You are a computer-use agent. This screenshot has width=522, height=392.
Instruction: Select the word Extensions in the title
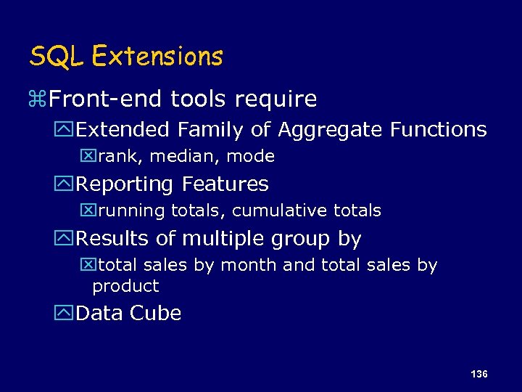click(x=158, y=56)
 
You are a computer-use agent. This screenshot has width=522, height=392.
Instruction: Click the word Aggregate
click(x=331, y=130)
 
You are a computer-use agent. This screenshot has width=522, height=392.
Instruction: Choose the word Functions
click(x=439, y=130)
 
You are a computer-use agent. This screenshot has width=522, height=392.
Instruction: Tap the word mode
click(x=254, y=156)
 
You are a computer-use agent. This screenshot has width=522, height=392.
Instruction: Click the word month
click(x=249, y=265)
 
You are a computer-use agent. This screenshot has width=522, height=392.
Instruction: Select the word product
click(x=125, y=286)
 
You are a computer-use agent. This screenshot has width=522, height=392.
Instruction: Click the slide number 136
click(x=478, y=374)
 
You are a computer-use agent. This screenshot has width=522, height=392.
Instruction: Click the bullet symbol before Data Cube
click(x=67, y=314)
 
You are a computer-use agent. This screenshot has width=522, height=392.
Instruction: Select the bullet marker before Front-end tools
click(x=36, y=99)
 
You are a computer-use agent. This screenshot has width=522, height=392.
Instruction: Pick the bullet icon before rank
click(x=87, y=156)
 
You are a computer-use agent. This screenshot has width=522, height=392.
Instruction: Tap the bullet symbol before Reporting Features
click(x=67, y=184)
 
